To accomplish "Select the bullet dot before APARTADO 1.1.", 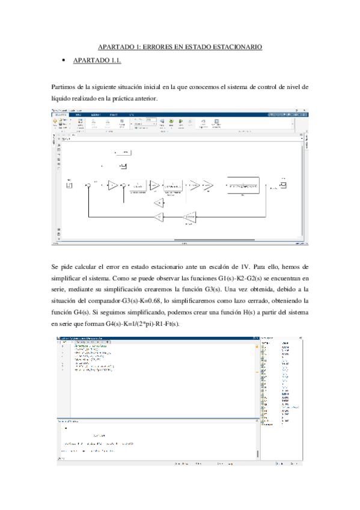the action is pyautogui.click(x=63, y=61).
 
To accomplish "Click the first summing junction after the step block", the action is pyautogui.click(x=88, y=185).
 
